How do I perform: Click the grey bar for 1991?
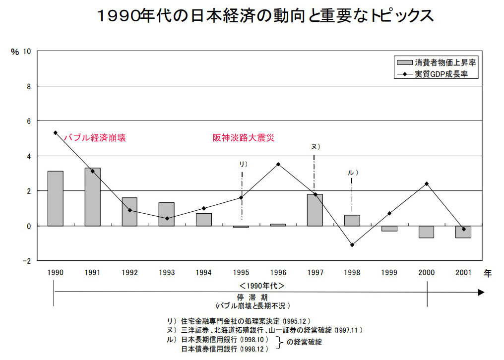pos(92,197)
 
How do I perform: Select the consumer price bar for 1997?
pos(315,210)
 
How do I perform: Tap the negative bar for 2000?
pos(426,232)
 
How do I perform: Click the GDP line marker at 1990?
pos(56,132)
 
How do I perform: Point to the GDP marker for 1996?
pos(278,164)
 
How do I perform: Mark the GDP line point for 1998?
pos(352,245)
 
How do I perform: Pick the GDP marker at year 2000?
pos(426,184)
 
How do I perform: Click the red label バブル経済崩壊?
pos(94,138)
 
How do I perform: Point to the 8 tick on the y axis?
pos(27,86)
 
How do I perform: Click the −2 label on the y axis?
pos(25,261)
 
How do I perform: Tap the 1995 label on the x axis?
pos(241,272)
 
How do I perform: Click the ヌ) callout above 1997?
pos(315,147)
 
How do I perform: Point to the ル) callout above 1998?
pos(352,173)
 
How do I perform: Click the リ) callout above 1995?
pos(243,164)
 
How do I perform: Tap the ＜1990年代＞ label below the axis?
pos(262,286)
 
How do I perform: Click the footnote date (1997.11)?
pos(349,330)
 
